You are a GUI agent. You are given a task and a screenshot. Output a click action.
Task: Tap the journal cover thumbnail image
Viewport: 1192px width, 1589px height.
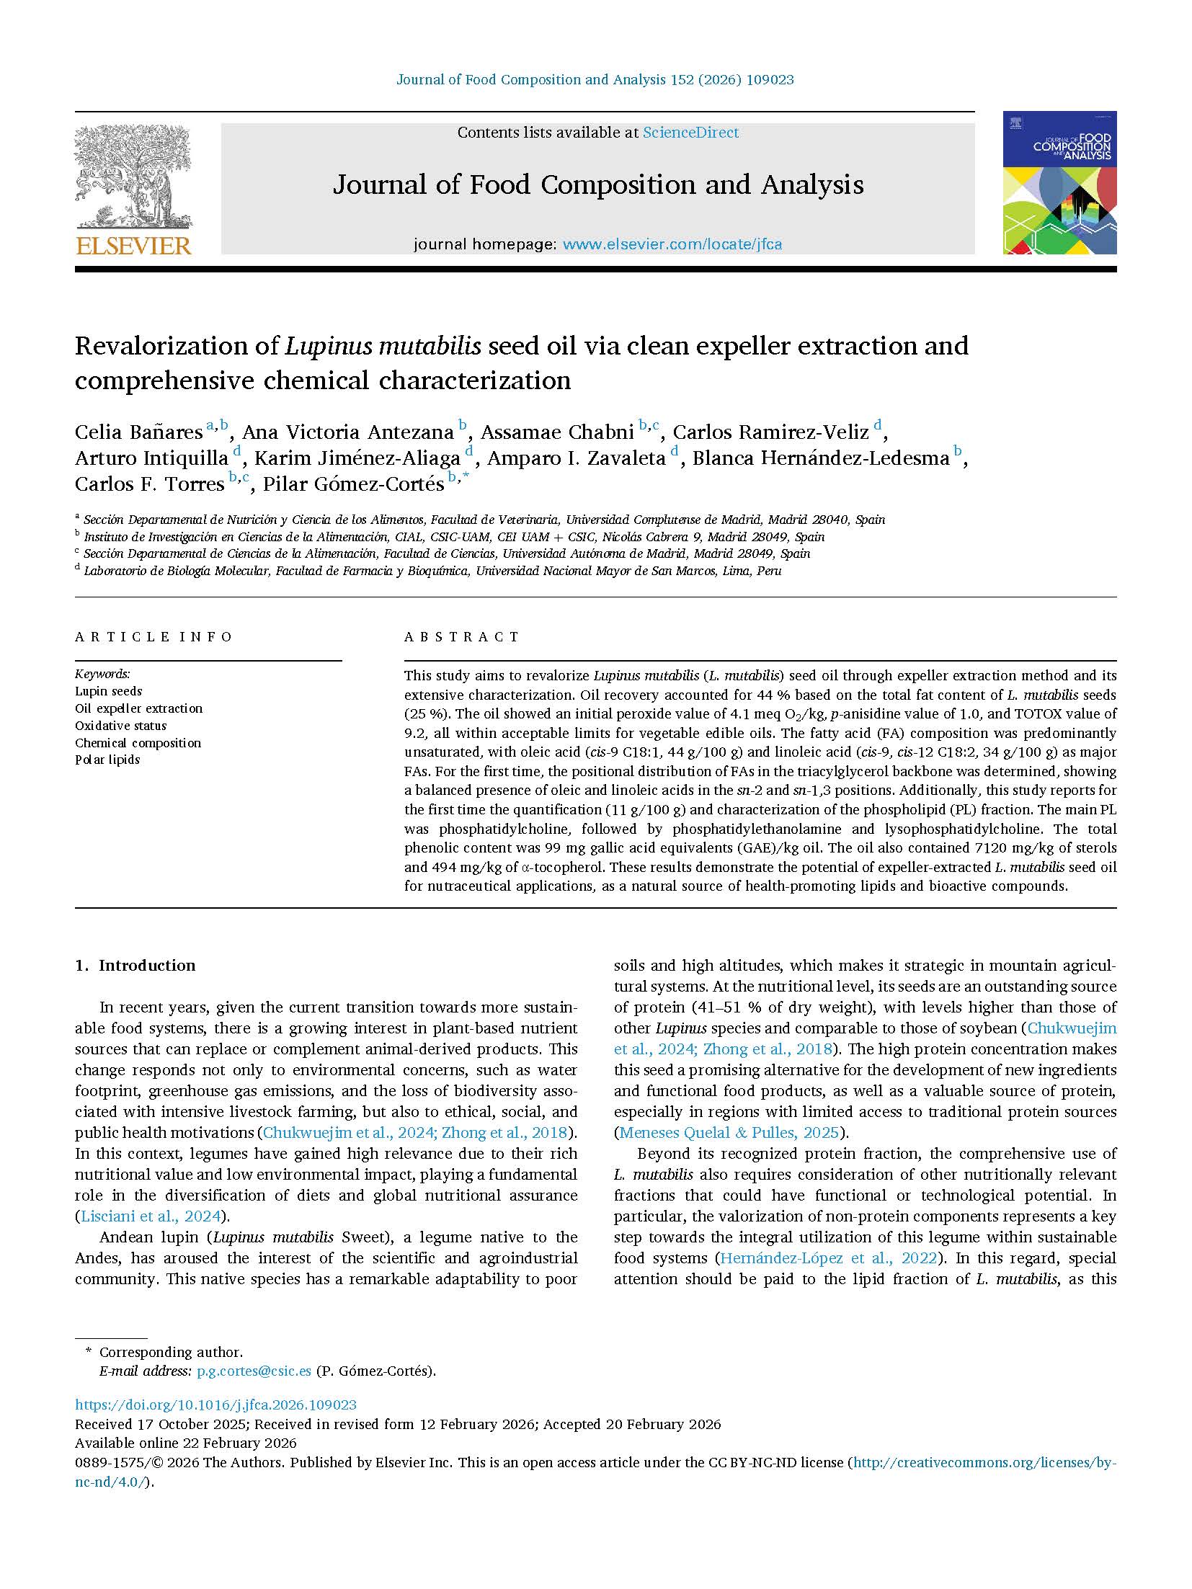1059,182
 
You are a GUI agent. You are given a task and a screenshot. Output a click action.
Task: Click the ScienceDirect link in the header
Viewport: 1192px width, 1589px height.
690,133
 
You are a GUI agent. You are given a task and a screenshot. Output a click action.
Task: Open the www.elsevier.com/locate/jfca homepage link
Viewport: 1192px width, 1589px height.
672,244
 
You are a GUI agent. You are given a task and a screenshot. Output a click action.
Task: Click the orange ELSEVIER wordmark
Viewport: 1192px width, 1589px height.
133,246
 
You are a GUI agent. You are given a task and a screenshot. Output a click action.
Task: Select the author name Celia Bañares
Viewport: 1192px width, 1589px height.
138,432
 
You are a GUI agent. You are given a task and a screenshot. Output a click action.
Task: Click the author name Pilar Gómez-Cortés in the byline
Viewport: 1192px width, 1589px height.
353,484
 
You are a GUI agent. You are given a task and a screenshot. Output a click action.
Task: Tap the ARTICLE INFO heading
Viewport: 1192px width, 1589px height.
154,637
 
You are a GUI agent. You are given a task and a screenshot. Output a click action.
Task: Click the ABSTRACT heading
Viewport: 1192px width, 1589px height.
461,637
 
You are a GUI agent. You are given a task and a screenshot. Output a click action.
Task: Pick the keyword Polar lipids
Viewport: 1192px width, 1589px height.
107,760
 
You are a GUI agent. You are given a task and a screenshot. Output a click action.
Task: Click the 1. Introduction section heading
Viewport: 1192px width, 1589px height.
135,966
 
